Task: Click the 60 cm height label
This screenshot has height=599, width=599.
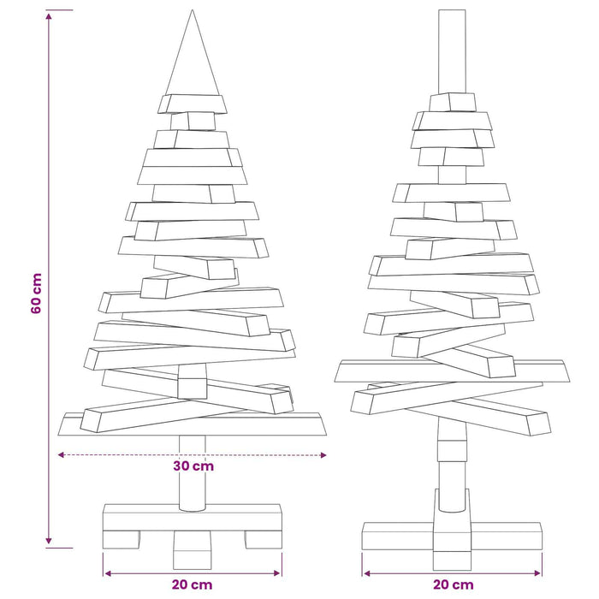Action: pos(36,294)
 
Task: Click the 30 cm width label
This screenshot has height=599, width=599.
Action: pos(193,466)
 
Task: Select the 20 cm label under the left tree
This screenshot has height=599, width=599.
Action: pos(192,584)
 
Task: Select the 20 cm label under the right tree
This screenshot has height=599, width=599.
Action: pos(454,584)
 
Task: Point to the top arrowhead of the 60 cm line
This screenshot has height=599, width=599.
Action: pos(49,15)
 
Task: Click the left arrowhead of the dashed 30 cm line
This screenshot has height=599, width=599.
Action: pos(61,455)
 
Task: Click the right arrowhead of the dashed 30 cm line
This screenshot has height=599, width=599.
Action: pos(323,455)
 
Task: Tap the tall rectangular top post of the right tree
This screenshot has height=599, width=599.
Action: pos(452,51)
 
